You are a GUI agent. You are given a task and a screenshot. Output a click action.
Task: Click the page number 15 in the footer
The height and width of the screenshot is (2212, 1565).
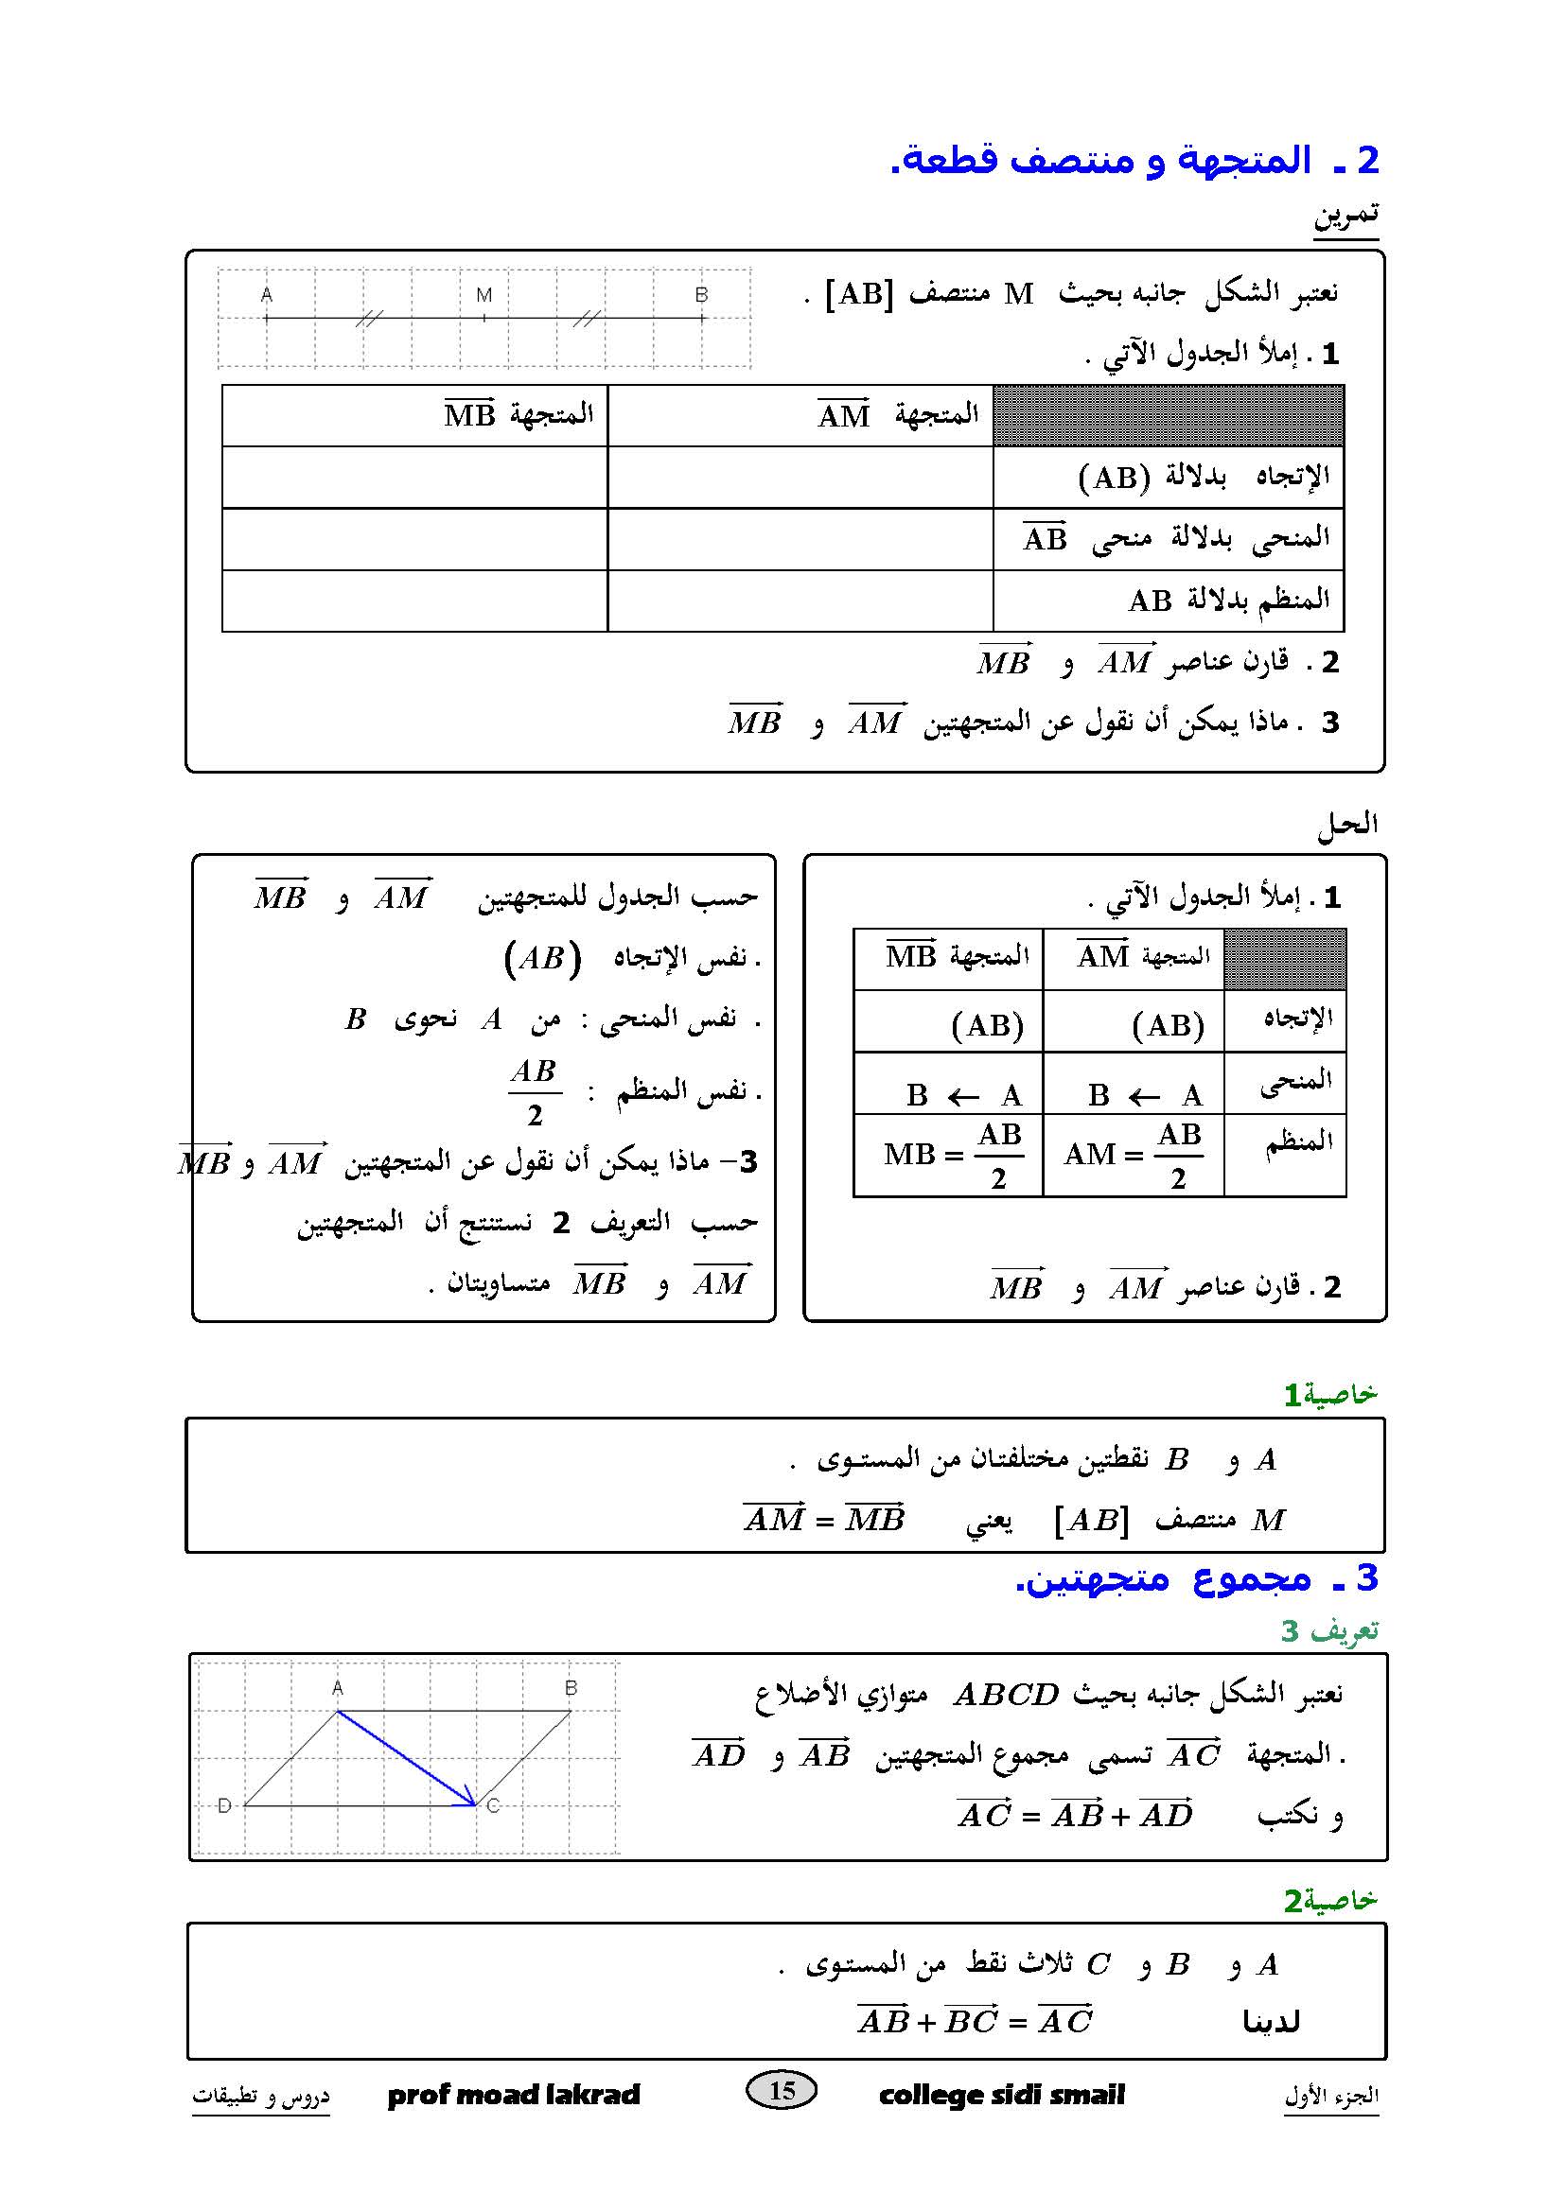point(782,2089)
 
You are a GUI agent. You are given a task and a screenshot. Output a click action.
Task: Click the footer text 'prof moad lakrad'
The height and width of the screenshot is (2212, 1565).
point(514,2095)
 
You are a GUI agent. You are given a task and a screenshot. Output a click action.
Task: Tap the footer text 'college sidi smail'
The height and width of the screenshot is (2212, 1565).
point(1001,2095)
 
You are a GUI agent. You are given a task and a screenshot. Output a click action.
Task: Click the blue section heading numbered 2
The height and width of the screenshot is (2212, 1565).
point(1135,160)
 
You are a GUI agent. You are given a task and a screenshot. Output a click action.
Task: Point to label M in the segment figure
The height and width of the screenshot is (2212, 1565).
point(484,295)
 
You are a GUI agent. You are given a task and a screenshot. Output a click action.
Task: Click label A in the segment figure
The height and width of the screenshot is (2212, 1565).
point(267,295)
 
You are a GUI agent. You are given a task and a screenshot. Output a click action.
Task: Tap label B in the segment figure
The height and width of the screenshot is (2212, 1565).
point(701,295)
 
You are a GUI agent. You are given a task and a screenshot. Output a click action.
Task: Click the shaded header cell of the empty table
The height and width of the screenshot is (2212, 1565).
point(1168,415)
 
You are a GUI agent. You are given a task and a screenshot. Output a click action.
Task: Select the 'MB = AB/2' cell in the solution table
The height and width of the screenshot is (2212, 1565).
point(948,1154)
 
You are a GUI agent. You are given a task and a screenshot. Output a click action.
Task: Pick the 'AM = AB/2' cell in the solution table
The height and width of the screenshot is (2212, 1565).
point(1133,1154)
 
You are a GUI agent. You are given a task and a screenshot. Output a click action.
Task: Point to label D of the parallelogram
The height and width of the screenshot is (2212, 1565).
point(224,1805)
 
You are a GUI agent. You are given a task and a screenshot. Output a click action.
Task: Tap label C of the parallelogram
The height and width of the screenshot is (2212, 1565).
point(493,1805)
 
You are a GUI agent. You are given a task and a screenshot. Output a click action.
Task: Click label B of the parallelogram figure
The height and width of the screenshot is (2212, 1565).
point(571,1688)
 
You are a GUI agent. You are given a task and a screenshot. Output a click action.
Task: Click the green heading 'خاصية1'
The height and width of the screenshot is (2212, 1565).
point(1329,1394)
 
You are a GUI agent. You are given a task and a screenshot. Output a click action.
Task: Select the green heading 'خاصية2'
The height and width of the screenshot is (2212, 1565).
point(1329,1901)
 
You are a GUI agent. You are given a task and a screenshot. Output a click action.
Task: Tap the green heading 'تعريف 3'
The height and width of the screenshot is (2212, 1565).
point(1328,1630)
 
